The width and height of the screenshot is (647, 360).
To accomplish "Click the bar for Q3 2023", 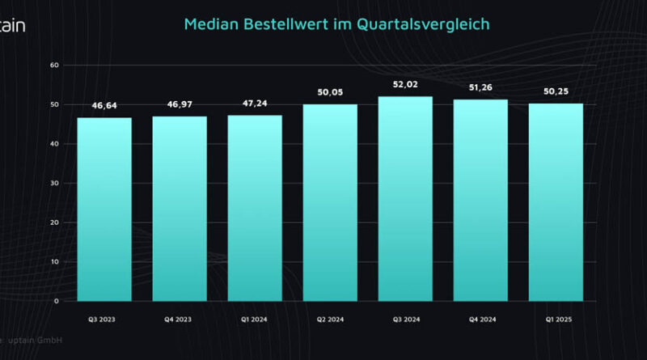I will click(104, 210).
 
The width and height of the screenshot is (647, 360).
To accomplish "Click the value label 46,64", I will click(104, 106).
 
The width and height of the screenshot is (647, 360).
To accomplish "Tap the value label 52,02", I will click(405, 85).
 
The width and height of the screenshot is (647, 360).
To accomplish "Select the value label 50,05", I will click(330, 93).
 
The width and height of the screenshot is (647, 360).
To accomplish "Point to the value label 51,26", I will click(480, 88).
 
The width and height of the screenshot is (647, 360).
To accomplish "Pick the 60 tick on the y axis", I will click(54, 65).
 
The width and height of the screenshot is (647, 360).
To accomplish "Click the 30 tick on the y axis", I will click(54, 183).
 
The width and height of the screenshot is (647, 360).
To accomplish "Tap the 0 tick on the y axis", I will click(57, 301).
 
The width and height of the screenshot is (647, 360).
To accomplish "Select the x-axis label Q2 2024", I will click(330, 320).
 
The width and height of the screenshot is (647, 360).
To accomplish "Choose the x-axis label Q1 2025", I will click(556, 320).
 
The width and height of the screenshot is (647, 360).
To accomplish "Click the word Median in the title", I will click(211, 24).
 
